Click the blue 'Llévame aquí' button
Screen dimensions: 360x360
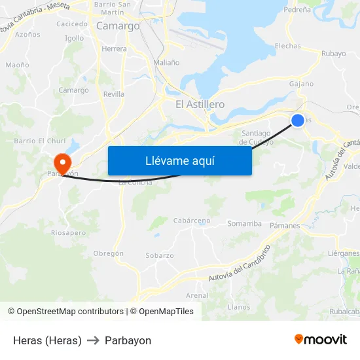(x=179, y=160)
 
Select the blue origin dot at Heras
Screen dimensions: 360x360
(x=298, y=120)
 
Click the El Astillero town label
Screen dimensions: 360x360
(x=200, y=105)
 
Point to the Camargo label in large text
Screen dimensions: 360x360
(x=118, y=26)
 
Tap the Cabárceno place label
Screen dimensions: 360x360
(x=191, y=221)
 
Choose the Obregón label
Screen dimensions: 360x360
(x=109, y=253)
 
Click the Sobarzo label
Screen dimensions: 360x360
(x=160, y=255)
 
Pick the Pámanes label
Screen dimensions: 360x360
(x=285, y=225)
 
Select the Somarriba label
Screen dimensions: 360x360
(x=244, y=224)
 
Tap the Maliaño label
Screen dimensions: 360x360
(x=166, y=63)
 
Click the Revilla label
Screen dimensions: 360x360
(x=114, y=94)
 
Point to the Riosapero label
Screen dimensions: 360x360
(x=68, y=232)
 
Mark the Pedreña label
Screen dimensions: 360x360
(x=297, y=10)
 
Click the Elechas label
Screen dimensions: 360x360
(x=288, y=46)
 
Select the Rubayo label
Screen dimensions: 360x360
(x=334, y=54)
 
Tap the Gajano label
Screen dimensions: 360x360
(x=301, y=84)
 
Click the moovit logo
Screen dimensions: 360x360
(x=321, y=339)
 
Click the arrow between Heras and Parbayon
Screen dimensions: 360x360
(x=93, y=340)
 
